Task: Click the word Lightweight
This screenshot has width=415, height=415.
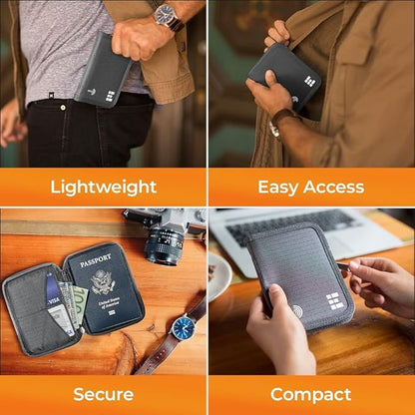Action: (x=104, y=187)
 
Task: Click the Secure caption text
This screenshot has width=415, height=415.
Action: (x=104, y=394)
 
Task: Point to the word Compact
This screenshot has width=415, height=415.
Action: (x=311, y=394)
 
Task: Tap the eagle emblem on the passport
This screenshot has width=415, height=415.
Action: (x=104, y=283)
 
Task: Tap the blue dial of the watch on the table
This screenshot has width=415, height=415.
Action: (x=182, y=327)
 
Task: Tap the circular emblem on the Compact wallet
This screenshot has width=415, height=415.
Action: (x=297, y=311)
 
